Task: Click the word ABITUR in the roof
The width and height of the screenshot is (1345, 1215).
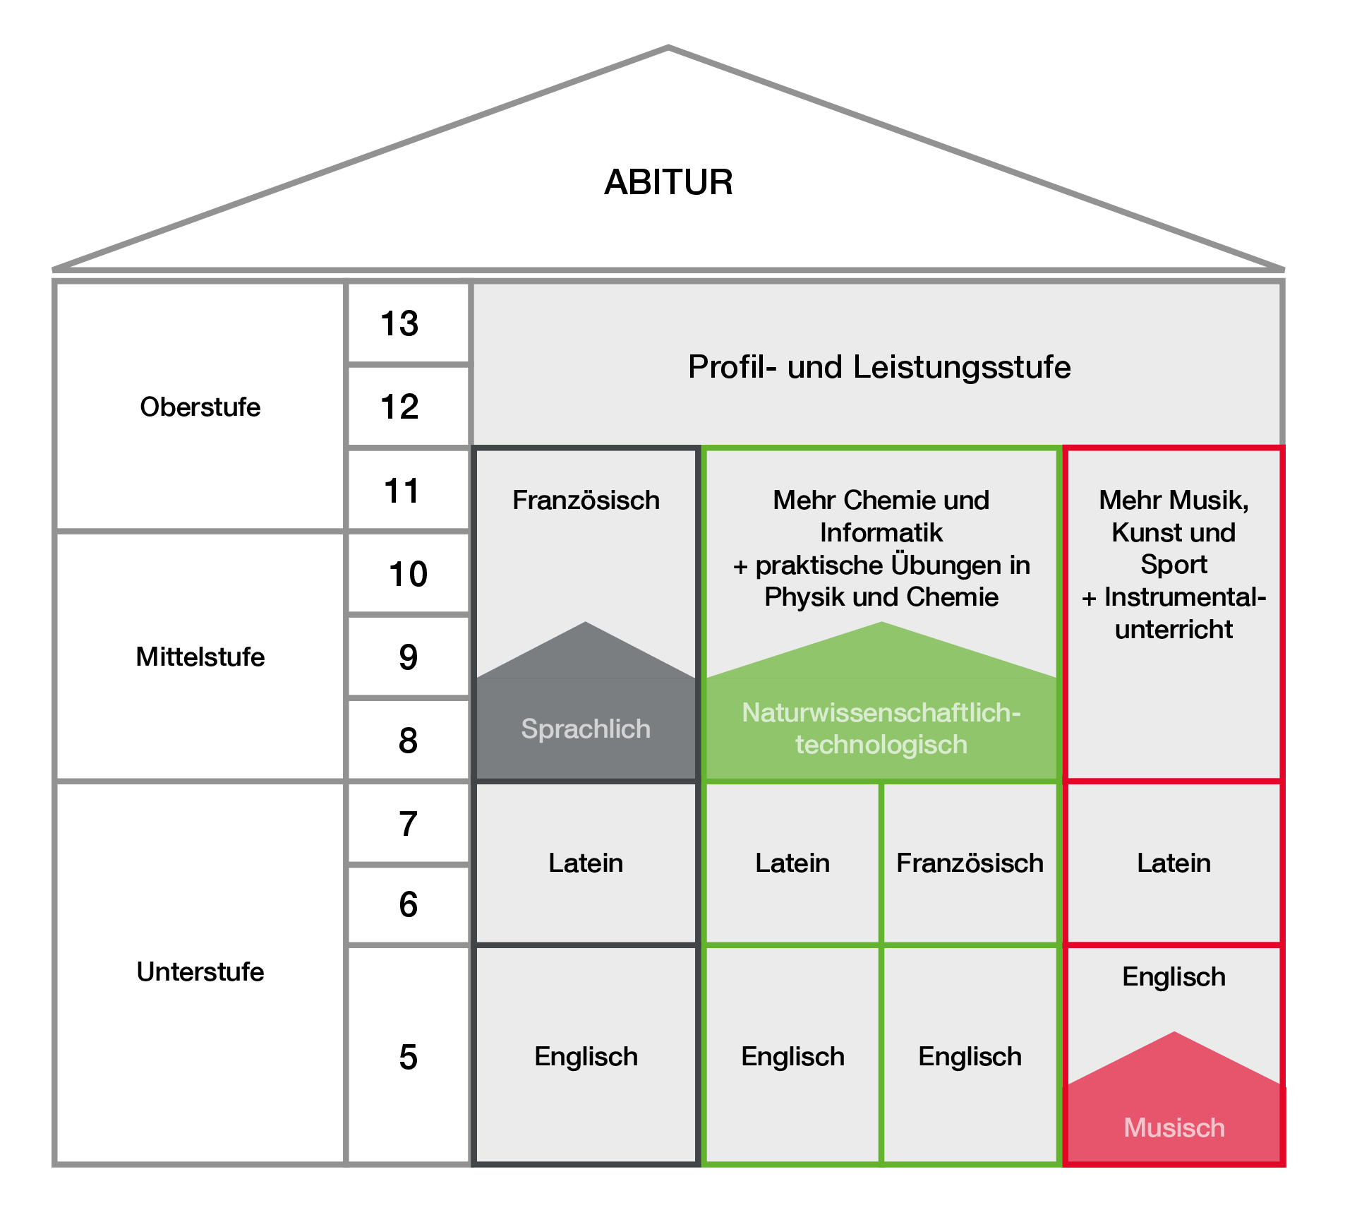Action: (668, 182)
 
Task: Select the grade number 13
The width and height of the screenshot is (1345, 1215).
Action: (399, 324)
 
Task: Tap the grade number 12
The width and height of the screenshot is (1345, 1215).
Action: (399, 407)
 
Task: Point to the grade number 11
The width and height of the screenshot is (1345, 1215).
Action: (402, 491)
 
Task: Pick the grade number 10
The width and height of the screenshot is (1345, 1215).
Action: (408, 574)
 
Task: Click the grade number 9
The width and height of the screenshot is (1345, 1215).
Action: (408, 657)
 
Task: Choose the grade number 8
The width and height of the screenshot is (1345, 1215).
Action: (408, 741)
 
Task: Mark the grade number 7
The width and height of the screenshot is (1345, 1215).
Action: (408, 824)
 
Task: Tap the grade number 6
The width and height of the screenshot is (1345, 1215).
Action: (408, 904)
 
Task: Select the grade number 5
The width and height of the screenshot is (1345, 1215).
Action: (408, 1057)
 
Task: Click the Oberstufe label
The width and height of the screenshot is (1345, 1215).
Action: (200, 407)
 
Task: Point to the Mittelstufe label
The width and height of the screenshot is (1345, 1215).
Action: (200, 657)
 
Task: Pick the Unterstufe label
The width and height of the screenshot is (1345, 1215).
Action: (200, 971)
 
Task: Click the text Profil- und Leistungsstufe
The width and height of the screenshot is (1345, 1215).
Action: (879, 367)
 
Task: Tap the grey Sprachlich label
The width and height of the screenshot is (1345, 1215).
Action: (586, 729)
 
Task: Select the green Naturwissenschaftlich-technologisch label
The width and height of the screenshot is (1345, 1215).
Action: (881, 729)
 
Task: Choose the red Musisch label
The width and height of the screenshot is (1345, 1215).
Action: (1174, 1127)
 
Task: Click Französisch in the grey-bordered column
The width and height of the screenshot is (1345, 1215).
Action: (586, 500)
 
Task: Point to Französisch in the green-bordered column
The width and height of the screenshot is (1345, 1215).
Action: (970, 863)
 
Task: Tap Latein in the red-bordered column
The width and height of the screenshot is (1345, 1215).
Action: (1174, 863)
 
